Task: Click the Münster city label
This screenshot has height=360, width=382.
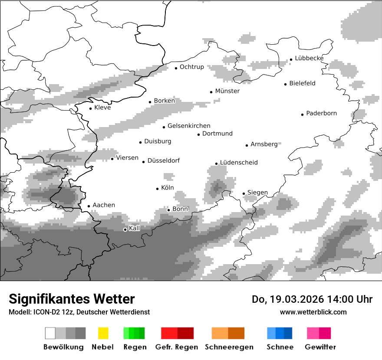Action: (227, 91)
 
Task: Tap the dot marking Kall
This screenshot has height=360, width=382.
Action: (125, 229)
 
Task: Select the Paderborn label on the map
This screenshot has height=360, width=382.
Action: (321, 114)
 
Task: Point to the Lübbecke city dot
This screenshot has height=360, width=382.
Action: (291, 59)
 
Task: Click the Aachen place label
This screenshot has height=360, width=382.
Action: (104, 205)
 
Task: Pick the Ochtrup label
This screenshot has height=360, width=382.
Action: (192, 67)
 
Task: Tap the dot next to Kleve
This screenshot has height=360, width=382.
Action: (91, 108)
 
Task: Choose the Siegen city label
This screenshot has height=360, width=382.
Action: (257, 193)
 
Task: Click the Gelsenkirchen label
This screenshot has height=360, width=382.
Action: (189, 126)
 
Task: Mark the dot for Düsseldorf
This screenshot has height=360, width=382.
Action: (144, 162)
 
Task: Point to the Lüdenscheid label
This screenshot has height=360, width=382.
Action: (239, 163)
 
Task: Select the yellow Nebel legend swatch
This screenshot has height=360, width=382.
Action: (103, 333)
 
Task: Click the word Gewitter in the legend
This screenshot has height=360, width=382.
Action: (320, 347)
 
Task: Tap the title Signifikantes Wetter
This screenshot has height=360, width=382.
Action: (72, 299)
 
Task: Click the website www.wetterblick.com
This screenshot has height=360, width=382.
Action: (313, 312)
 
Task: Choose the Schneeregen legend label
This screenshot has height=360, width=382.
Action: (229, 347)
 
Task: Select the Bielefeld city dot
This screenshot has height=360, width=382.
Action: (286, 84)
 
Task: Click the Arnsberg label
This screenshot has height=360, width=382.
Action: (264, 144)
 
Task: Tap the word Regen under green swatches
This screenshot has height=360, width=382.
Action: (134, 347)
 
